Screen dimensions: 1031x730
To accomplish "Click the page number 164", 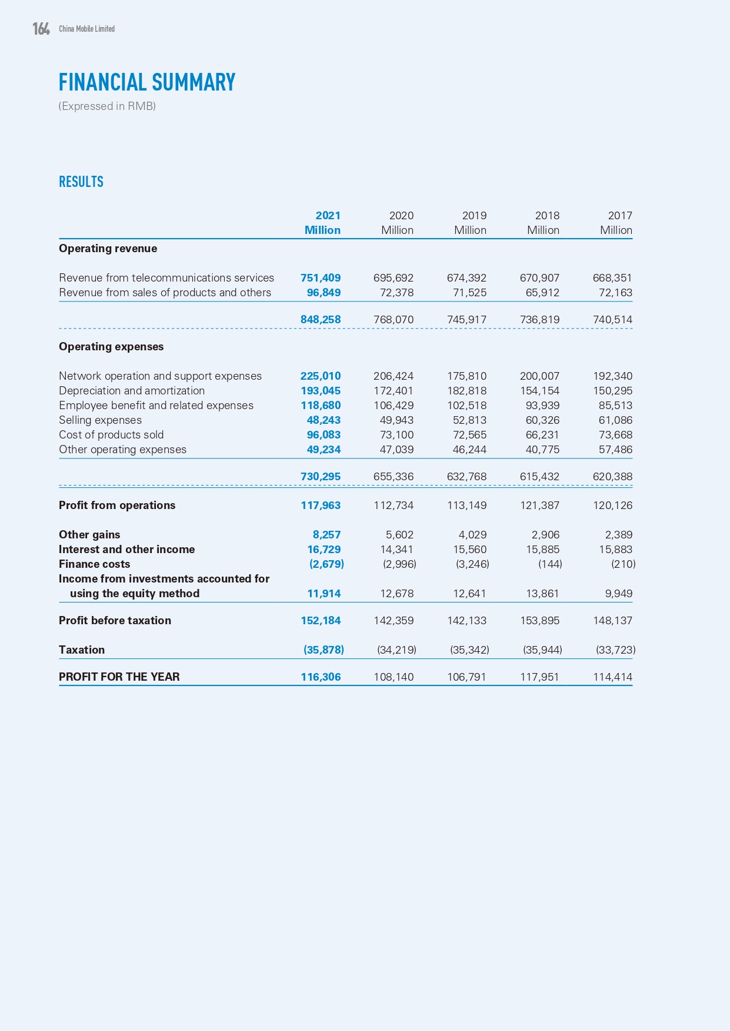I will tap(41, 29).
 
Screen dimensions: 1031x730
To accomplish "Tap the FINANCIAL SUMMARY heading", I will tap(146, 82).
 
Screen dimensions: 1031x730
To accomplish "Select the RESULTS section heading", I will tap(81, 182).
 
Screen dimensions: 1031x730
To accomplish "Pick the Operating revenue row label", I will tap(108, 249).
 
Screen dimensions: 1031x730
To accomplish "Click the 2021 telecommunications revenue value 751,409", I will tap(321, 278).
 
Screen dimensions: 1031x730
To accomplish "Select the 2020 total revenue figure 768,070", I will tap(394, 320).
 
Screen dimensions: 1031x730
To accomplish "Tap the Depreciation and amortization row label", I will tap(132, 391).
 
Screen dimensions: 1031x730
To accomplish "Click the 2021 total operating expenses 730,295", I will tap(321, 477).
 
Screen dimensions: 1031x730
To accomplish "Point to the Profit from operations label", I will tap(117, 506).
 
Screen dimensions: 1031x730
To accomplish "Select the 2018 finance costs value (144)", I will tap(550, 564).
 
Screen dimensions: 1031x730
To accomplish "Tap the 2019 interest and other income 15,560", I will tap(469, 550).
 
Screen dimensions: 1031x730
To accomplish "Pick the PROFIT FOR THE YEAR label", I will tap(119, 677).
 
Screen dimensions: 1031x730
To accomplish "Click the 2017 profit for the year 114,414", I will tap(612, 677).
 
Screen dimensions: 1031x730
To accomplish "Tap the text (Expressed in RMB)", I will tap(107, 106).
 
